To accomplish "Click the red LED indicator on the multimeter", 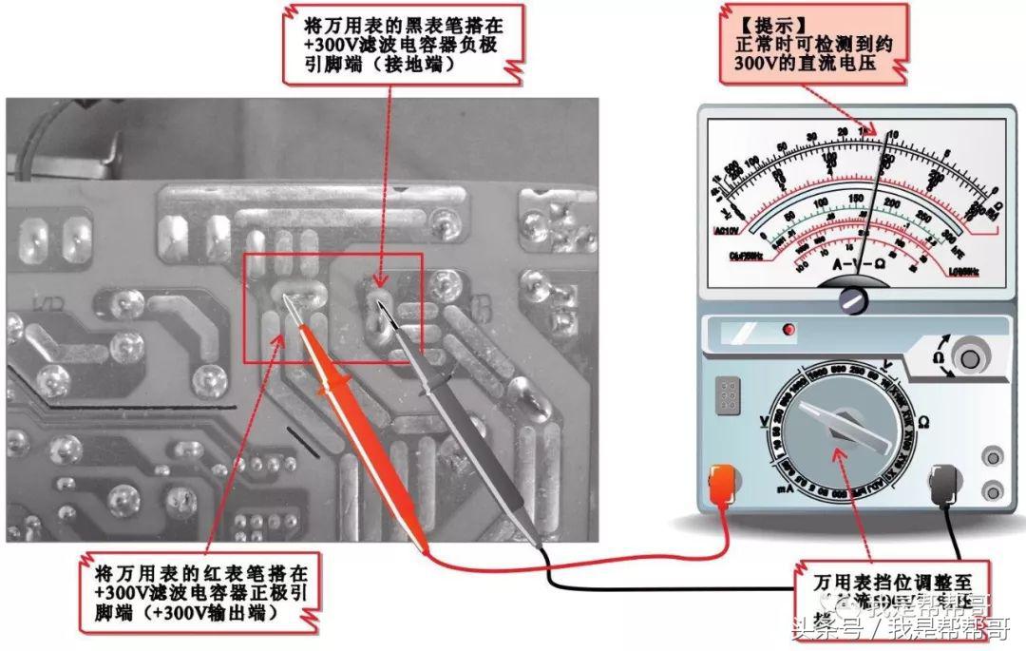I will click(x=787, y=330).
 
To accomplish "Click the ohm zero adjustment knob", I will click(x=970, y=358).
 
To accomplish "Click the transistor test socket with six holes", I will click(x=730, y=395).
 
